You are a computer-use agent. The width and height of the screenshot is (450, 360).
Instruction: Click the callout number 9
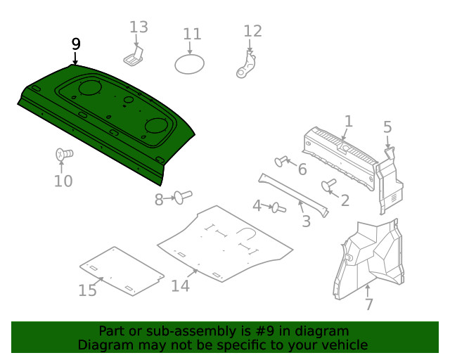pyautogui.click(x=76, y=44)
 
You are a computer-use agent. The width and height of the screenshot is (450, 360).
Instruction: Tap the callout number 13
pyautogui.click(x=139, y=27)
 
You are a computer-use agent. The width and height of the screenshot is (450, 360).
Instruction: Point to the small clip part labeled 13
pyautogui.click(x=134, y=56)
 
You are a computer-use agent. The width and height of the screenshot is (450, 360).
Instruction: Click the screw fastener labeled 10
pyautogui.click(x=63, y=154)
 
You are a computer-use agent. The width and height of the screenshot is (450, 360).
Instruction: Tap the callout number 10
pyautogui.click(x=63, y=181)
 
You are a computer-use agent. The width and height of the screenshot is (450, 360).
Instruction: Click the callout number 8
pyautogui.click(x=159, y=200)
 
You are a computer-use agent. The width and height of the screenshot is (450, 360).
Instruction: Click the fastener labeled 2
pyautogui.click(x=328, y=186)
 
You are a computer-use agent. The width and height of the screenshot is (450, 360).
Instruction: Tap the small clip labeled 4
pyautogui.click(x=278, y=207)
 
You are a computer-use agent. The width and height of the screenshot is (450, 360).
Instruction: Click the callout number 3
pyautogui.click(x=306, y=222)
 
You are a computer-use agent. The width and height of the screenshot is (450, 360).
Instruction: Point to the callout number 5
pyautogui.click(x=387, y=127)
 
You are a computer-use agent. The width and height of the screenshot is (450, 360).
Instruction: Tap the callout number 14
pyautogui.click(x=180, y=285)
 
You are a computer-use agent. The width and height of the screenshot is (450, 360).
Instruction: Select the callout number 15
pyautogui.click(x=87, y=290)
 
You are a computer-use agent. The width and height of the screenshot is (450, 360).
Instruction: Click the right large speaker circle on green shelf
pyautogui.click(x=157, y=127)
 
